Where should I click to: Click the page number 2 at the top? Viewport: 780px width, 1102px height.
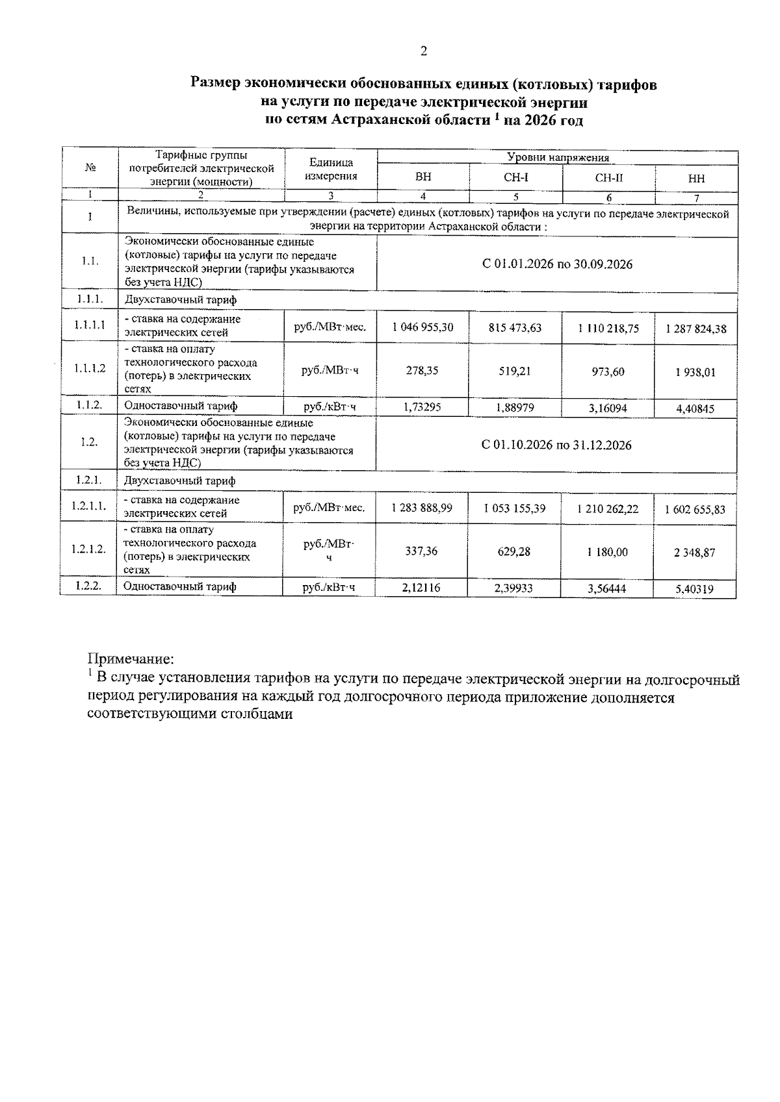click(424, 51)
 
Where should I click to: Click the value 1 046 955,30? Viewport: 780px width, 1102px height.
click(422, 327)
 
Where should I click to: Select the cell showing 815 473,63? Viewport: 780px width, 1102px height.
click(515, 327)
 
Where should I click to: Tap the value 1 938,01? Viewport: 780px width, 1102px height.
click(695, 372)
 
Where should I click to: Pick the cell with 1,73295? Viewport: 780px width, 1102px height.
click(422, 407)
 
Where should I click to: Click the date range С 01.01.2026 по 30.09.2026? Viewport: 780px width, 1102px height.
click(557, 264)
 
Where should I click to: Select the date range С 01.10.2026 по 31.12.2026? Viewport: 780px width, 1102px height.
click(556, 445)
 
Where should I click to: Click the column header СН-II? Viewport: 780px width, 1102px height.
click(608, 178)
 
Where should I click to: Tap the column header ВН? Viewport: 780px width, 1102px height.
click(423, 177)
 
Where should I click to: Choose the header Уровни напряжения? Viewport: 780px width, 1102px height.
click(558, 158)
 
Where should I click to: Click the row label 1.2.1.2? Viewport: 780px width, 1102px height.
click(89, 549)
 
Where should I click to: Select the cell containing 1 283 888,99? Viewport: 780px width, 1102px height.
click(422, 508)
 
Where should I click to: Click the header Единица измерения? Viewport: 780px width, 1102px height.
click(331, 169)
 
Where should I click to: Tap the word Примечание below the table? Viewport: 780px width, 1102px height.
click(131, 659)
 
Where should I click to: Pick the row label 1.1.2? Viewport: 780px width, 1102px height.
click(89, 406)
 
